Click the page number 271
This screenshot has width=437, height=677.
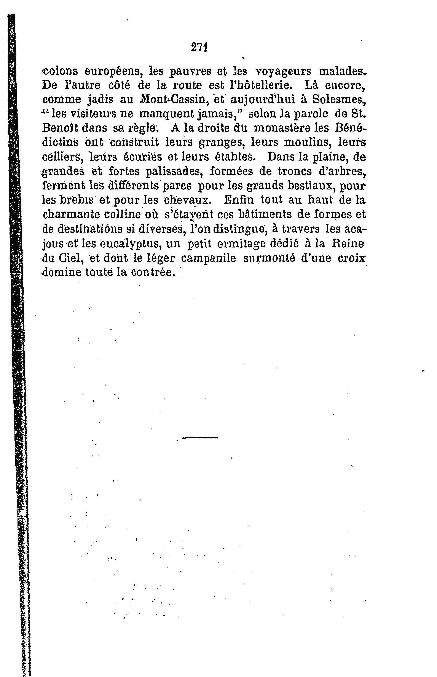click(x=199, y=47)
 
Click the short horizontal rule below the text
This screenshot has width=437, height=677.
click(x=200, y=438)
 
